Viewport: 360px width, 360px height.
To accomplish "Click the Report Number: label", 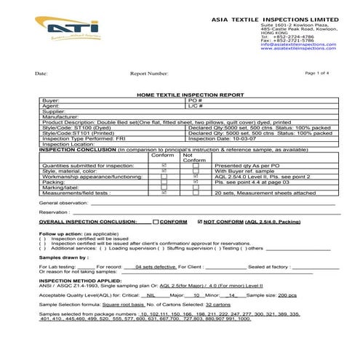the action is (149, 73).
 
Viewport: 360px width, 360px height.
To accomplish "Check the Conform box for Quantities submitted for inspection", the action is (163, 165).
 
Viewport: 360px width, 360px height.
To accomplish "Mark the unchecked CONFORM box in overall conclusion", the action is (156, 220).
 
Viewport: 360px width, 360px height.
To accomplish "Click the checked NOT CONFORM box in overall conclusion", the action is (200, 220).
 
